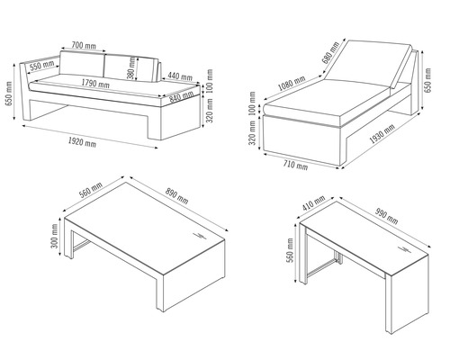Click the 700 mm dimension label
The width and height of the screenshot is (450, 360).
(84, 45)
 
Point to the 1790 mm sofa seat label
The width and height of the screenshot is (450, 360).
(95, 83)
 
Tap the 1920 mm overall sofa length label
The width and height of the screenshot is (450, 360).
(82, 141)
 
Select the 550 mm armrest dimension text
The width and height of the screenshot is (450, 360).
(42, 65)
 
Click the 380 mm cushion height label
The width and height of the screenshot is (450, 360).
(131, 68)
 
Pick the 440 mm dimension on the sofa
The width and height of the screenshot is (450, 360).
(180, 76)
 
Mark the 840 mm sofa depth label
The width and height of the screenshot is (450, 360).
(181, 96)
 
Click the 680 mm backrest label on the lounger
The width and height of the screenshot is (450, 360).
(330, 52)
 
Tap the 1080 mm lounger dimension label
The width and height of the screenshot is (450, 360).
(292, 83)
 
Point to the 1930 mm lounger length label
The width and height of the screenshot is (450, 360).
(382, 134)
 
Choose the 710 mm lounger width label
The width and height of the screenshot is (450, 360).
(295, 165)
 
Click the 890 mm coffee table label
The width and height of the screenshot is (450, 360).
(176, 195)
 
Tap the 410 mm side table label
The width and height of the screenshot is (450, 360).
(313, 202)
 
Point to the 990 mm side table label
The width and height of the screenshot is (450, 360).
(387, 216)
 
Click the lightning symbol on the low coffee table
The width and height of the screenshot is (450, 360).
(200, 235)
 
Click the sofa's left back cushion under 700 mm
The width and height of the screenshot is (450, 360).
(82, 64)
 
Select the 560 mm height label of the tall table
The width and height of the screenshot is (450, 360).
(291, 250)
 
